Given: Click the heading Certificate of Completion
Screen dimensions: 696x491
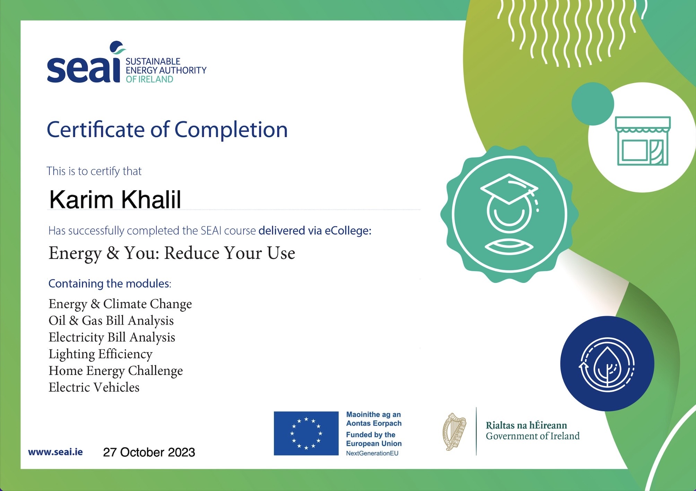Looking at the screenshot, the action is pyautogui.click(x=167, y=130).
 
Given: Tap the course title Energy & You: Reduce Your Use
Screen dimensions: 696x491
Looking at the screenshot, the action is pyautogui.click(x=172, y=253).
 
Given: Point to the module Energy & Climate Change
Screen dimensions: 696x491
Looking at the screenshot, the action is pyautogui.click(x=120, y=304).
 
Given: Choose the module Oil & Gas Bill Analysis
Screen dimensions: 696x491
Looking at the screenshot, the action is pyautogui.click(x=111, y=321).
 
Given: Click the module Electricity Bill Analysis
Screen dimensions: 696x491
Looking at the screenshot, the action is pyautogui.click(x=112, y=337).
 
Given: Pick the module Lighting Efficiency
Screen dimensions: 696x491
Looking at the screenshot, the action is pyautogui.click(x=101, y=354).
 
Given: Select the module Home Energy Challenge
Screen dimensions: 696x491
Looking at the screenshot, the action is pyautogui.click(x=116, y=371).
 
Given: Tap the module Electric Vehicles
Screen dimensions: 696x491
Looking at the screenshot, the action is pyautogui.click(x=94, y=387).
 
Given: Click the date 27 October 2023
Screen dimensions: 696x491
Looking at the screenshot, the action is pyautogui.click(x=149, y=452).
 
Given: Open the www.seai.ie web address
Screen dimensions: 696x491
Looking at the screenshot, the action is pyautogui.click(x=55, y=452).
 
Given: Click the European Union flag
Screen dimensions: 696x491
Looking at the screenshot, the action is pyautogui.click(x=306, y=433).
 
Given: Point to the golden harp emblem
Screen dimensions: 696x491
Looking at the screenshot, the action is pyautogui.click(x=454, y=432).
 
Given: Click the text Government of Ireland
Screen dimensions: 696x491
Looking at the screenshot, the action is pyautogui.click(x=533, y=436).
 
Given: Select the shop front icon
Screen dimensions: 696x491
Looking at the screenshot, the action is pyautogui.click(x=643, y=141).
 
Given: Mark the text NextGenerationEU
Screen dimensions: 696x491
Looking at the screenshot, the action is pyautogui.click(x=372, y=453).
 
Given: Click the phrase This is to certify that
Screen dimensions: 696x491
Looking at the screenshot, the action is pyautogui.click(x=94, y=171).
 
